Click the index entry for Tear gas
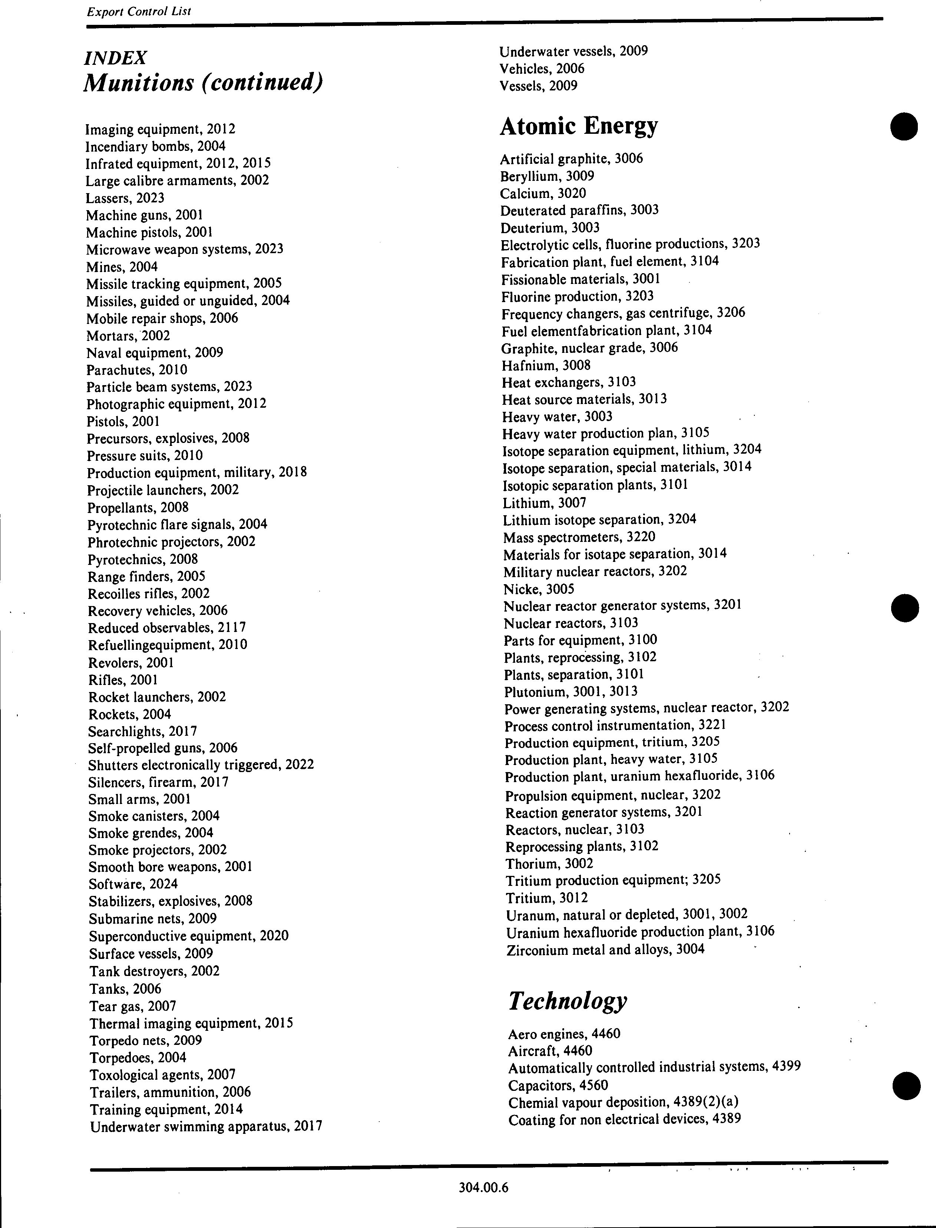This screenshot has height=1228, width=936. pos(133,1006)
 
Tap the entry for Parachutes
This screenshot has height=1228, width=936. pos(136,370)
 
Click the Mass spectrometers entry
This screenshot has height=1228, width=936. pos(579,537)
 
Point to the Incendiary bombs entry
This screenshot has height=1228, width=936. pos(155,146)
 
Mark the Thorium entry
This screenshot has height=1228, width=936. pos(549,864)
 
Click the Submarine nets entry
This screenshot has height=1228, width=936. pos(152,918)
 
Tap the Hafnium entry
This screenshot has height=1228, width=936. pos(545,365)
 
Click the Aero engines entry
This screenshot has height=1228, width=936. pos(564,1034)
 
